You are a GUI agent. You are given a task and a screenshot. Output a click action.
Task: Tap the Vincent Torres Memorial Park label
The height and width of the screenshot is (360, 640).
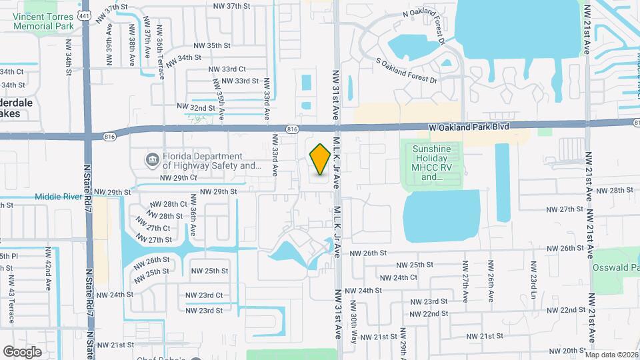43,21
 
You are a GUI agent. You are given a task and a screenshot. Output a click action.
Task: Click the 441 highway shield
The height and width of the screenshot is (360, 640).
84,15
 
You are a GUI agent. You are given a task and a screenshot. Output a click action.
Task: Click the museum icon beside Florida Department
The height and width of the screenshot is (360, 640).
151,160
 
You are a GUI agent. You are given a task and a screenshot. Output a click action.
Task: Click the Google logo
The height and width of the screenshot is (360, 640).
22,351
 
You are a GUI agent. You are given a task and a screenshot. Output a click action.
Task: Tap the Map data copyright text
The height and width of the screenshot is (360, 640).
611,355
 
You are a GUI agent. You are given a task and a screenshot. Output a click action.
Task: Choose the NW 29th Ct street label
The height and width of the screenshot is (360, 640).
178,178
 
